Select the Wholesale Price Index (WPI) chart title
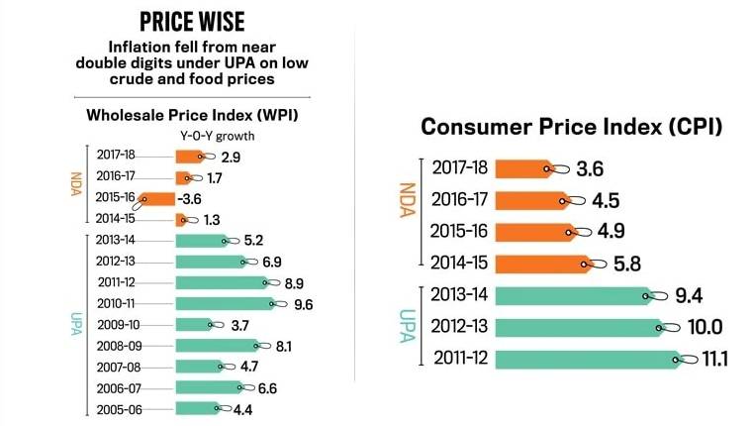pyautogui.click(x=193, y=115)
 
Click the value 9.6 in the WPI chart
pyautogui.click(x=304, y=304)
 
